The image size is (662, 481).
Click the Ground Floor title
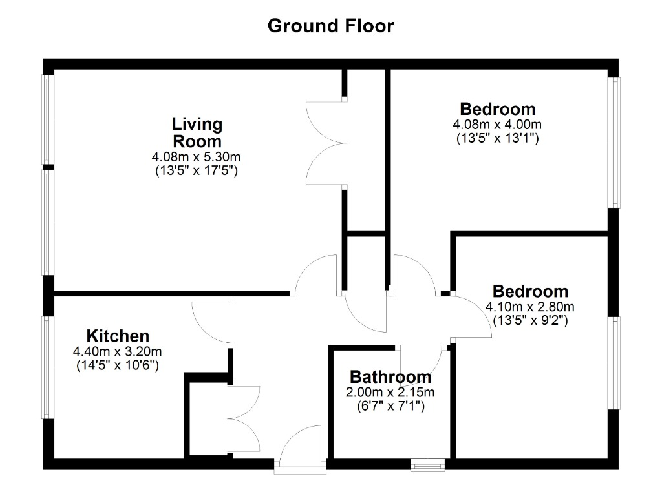[330, 26]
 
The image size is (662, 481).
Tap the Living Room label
[197, 132]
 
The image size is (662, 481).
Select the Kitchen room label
[118, 336]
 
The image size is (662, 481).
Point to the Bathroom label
[390, 376]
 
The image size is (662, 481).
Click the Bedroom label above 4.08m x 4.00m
[498, 108]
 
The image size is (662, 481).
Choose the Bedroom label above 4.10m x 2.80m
[530, 291]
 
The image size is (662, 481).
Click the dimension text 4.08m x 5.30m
[197, 158]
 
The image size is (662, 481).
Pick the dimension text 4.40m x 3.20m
[118, 351]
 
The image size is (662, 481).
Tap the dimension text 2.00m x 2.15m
[390, 392]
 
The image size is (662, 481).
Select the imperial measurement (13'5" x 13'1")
[497, 138]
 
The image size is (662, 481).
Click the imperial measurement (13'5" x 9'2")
[530, 320]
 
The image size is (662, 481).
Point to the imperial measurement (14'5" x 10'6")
[118, 365]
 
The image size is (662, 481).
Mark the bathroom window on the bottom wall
[428, 465]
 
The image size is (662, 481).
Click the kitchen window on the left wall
[48, 367]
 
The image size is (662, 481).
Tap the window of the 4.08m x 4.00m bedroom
[614, 143]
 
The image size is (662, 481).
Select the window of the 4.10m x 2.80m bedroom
[614, 363]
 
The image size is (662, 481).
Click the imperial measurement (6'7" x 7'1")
[390, 406]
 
